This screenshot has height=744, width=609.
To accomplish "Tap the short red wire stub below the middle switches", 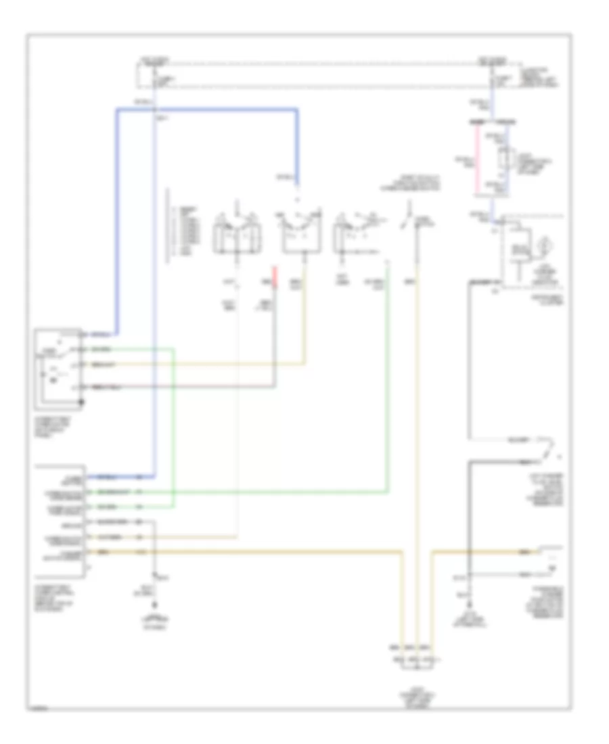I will [275, 274].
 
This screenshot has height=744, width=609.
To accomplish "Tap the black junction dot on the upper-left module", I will [83, 402].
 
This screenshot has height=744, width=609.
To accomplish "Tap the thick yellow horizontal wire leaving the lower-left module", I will [271, 553].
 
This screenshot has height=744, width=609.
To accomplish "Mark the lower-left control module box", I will [62, 520].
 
